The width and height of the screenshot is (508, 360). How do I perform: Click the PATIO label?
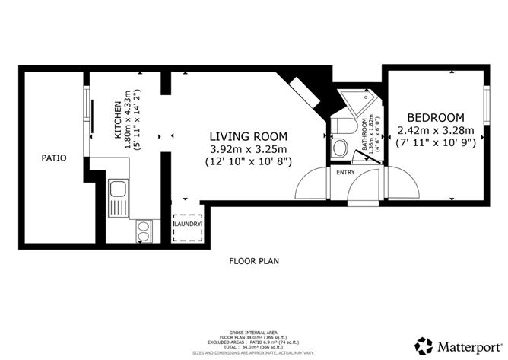click(53, 158)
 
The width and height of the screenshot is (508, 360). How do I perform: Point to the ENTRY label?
click(344, 172)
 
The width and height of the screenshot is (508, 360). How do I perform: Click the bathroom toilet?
click(341, 127)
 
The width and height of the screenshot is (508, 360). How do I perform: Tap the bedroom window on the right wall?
click(485, 98)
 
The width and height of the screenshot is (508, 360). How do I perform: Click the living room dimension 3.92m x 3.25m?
click(247, 149)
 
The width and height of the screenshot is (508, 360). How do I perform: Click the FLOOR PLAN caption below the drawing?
click(254, 260)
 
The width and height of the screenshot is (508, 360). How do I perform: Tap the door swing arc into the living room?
click(312, 183)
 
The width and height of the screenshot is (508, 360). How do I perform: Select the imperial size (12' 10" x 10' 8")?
click(247, 162)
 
